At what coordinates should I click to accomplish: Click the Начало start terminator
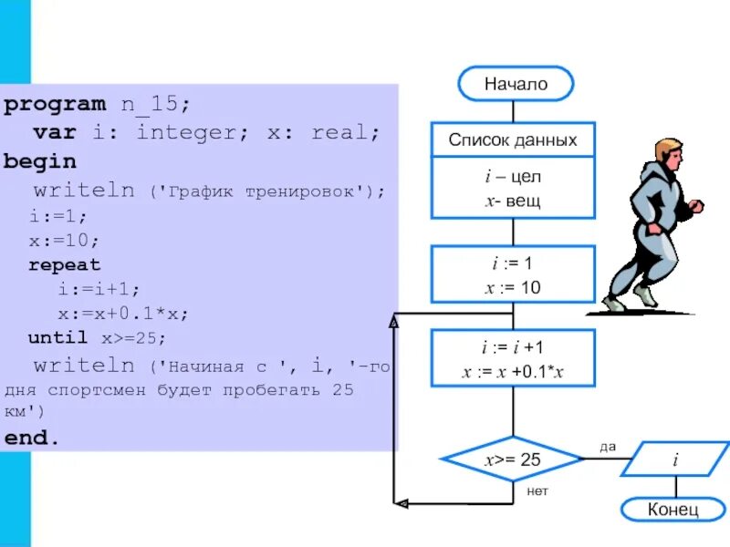(x=516, y=84)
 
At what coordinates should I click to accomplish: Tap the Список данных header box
(x=513, y=140)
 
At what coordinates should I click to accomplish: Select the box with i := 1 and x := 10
(x=513, y=275)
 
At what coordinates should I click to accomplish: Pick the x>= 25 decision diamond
(x=513, y=459)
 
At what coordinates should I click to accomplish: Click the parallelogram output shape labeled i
(x=675, y=459)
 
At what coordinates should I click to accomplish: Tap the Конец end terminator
(x=673, y=509)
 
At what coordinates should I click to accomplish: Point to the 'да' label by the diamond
(x=608, y=446)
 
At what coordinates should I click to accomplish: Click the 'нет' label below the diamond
(x=538, y=491)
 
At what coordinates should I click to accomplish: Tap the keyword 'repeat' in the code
(x=65, y=265)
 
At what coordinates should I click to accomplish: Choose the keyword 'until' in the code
(x=58, y=337)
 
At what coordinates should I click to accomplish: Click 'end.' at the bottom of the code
(x=32, y=437)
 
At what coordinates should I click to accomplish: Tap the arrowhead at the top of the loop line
(x=394, y=322)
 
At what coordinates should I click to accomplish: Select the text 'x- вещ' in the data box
(x=513, y=201)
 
